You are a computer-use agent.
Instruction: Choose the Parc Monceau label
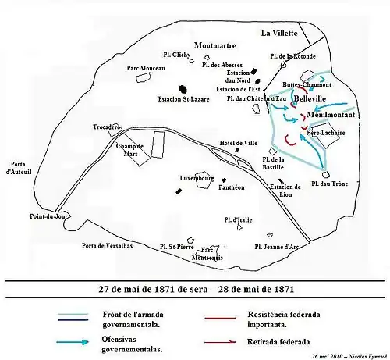tap(144, 69)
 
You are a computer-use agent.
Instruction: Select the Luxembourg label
tap(197, 178)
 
